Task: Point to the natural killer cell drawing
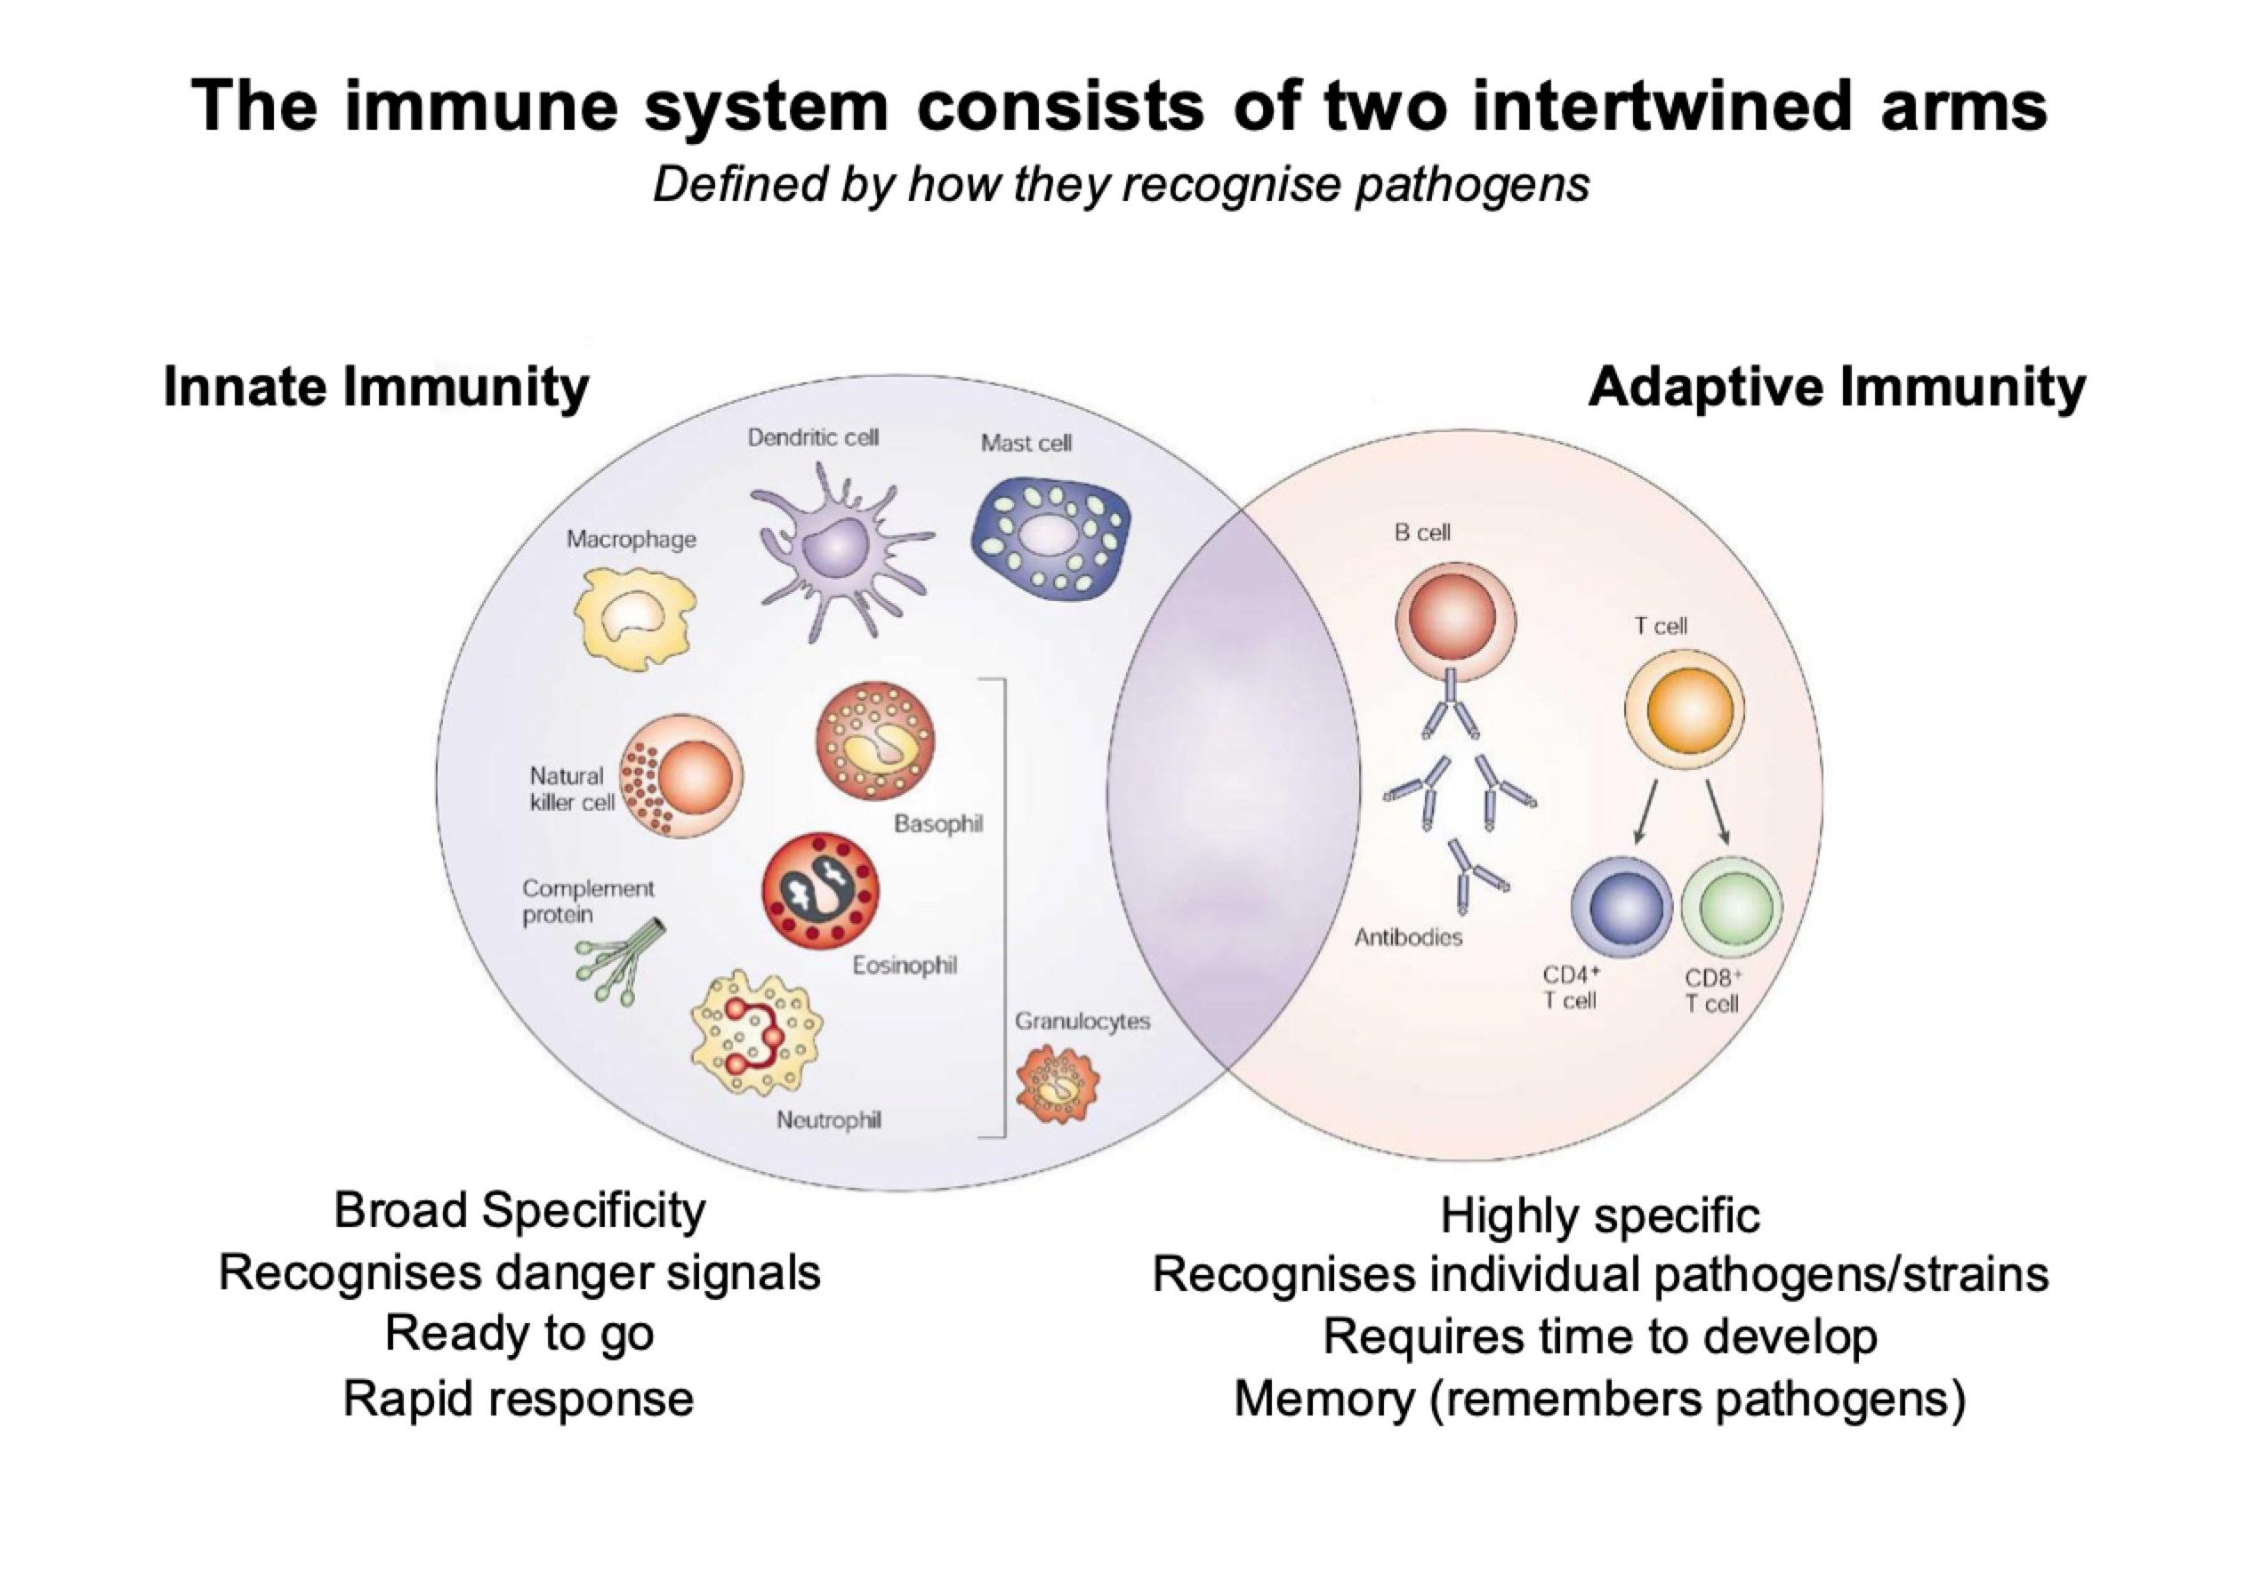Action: click(683, 775)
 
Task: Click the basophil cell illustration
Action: click(874, 741)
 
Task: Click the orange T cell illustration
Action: click(1684, 708)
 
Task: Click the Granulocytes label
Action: click(1082, 1021)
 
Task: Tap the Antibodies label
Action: click(1408, 937)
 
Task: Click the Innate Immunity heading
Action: click(375, 385)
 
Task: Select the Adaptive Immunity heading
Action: click(1836, 385)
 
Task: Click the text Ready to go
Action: click(519, 1334)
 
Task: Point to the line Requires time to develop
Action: click(1599, 1335)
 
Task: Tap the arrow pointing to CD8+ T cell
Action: click(1718, 812)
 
